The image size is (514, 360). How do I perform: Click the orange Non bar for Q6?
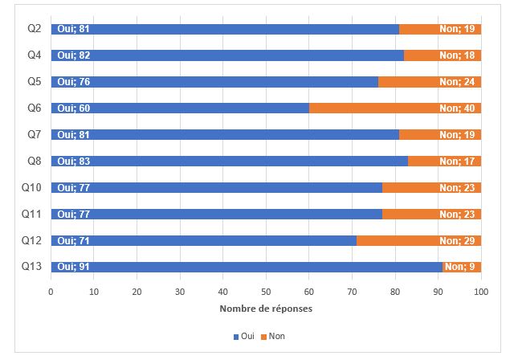pos(395,108)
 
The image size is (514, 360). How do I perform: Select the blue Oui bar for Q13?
pos(247,267)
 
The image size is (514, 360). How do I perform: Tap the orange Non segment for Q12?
pos(419,240)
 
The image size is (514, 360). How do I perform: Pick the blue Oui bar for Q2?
pos(225,29)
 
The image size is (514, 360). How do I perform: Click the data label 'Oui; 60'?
pos(73,108)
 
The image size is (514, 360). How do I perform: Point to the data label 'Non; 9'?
pos(460,267)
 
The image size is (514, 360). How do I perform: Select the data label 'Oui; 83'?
pos(73,162)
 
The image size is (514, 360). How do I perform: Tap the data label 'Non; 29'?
pos(457,241)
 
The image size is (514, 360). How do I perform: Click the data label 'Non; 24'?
pos(457,82)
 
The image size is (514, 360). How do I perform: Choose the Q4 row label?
pos(35,55)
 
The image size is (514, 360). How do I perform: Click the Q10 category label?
pos(31,187)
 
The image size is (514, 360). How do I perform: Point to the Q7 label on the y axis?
pos(35,134)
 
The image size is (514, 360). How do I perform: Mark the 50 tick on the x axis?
pos(266,292)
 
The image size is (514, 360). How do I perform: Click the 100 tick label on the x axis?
pos(481,292)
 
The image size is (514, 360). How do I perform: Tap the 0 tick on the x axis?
pos(51,292)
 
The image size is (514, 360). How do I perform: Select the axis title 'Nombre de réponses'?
pos(266,309)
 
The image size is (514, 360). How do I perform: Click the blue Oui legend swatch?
pos(236,337)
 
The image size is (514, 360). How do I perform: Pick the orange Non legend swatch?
pos(263,337)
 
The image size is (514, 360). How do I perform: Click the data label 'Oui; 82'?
pos(73,55)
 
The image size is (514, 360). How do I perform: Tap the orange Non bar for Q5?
pos(430,82)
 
